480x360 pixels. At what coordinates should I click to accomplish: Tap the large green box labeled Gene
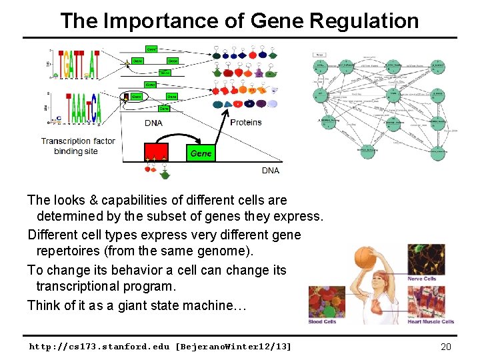coord(201,153)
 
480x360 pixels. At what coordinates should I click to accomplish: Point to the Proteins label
coord(246,122)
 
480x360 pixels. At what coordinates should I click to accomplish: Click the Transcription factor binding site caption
coord(77,146)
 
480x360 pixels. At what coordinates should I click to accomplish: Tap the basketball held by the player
coord(366,257)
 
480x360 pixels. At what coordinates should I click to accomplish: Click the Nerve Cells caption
coord(423,279)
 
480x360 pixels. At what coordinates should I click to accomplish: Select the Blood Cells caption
coord(323,321)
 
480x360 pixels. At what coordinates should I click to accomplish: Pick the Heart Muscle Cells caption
coord(431,321)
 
